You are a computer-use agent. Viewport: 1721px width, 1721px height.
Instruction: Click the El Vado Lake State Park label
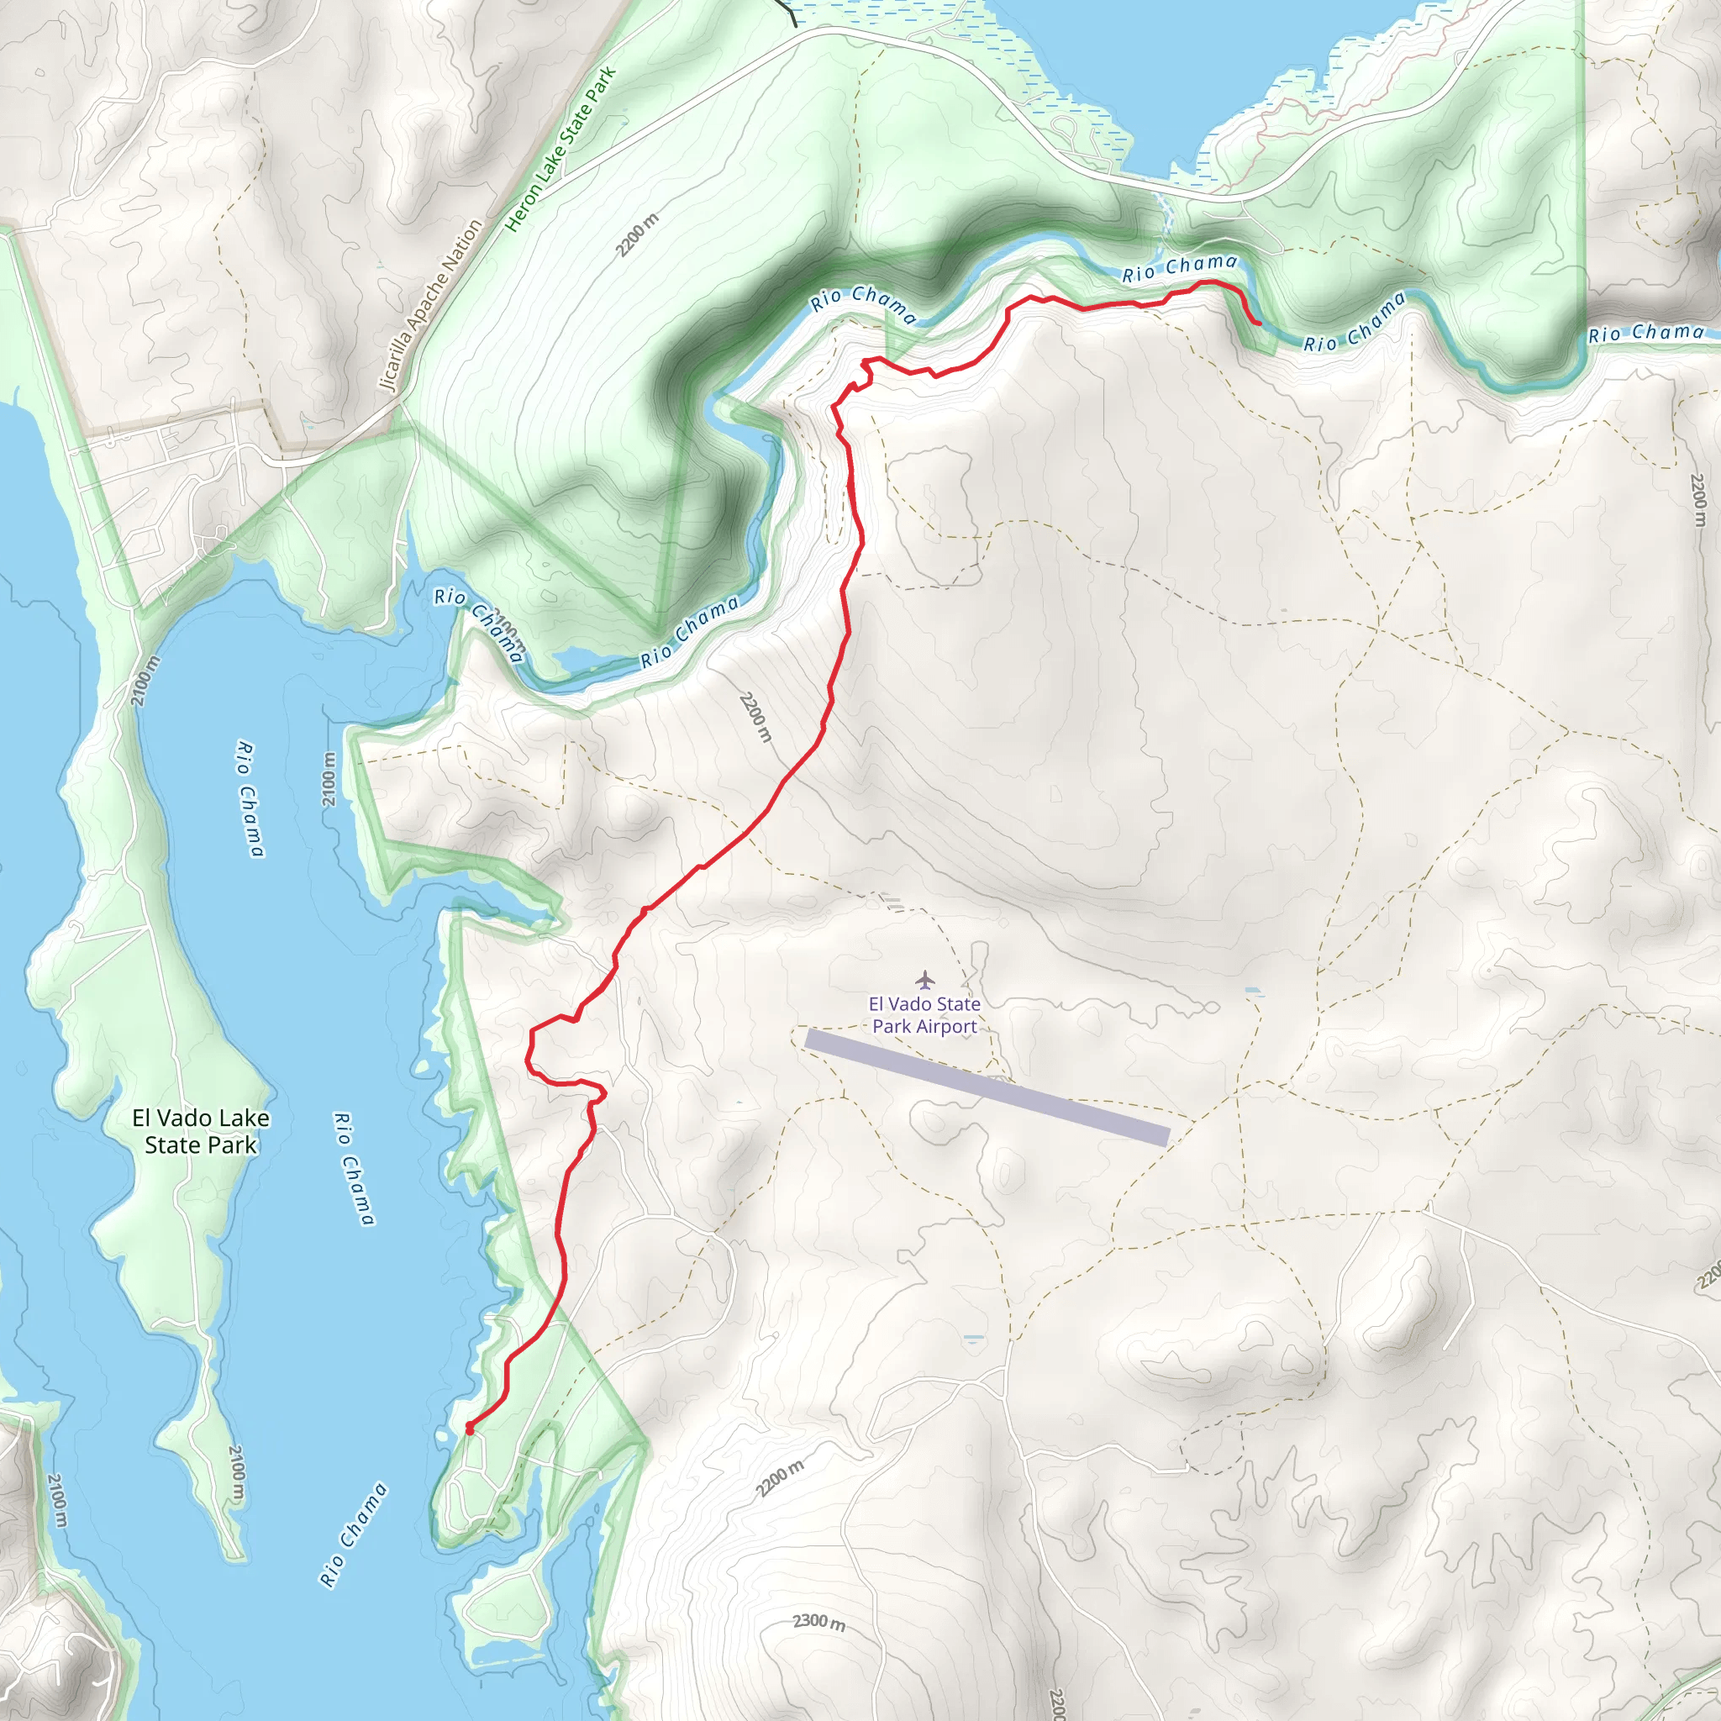pos(201,1131)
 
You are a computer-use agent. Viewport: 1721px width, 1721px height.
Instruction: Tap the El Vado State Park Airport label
pos(924,1014)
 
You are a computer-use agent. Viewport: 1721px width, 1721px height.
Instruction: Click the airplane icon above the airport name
pos(924,980)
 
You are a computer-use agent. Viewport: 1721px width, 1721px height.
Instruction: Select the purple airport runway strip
pos(987,1087)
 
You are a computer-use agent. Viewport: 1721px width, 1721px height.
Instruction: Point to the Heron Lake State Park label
pos(561,150)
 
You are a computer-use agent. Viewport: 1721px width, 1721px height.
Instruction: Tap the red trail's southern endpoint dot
pos(470,1428)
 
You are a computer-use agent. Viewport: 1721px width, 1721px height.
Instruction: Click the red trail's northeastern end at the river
pos(1258,324)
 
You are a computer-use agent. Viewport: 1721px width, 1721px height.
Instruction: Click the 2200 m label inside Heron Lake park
pos(638,235)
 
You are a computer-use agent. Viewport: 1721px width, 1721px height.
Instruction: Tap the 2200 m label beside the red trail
pos(755,717)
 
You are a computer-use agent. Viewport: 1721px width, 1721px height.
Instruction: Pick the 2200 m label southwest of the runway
pos(780,1479)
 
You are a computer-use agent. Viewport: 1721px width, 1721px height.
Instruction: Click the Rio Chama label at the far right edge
pos(1645,333)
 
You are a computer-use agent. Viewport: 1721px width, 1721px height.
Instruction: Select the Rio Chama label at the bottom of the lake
pos(353,1534)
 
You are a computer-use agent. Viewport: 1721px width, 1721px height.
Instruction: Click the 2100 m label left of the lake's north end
pos(145,681)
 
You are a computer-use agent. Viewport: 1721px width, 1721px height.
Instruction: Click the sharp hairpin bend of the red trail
pos(603,1093)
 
